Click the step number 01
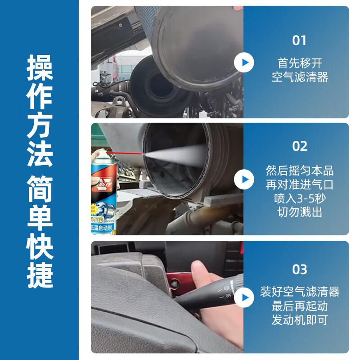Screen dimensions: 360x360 click(x=299, y=40)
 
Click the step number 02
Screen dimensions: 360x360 click(x=300, y=146)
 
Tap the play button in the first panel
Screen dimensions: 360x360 click(x=244, y=62)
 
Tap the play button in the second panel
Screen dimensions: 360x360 click(x=244, y=180)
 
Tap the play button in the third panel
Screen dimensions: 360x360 click(x=244, y=297)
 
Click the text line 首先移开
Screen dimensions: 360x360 click(x=300, y=63)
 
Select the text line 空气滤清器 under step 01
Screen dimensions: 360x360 click(x=300, y=77)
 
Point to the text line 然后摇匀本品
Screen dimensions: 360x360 click(x=300, y=171)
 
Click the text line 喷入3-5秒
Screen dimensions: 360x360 click(x=300, y=198)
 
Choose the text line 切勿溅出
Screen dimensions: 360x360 click(x=300, y=212)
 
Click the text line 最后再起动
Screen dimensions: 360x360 click(x=300, y=306)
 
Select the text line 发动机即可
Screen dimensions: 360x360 click(x=300, y=320)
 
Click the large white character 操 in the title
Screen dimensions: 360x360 click(x=40, y=67)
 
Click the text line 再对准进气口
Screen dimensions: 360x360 click(x=300, y=184)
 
